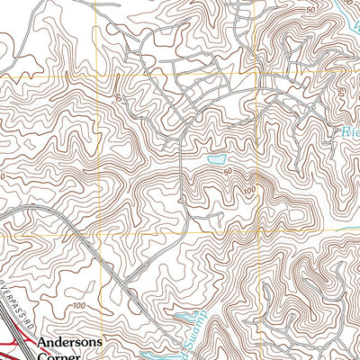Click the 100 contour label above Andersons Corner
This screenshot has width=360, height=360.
[79, 307]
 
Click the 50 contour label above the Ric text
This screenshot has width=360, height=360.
[339, 92]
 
